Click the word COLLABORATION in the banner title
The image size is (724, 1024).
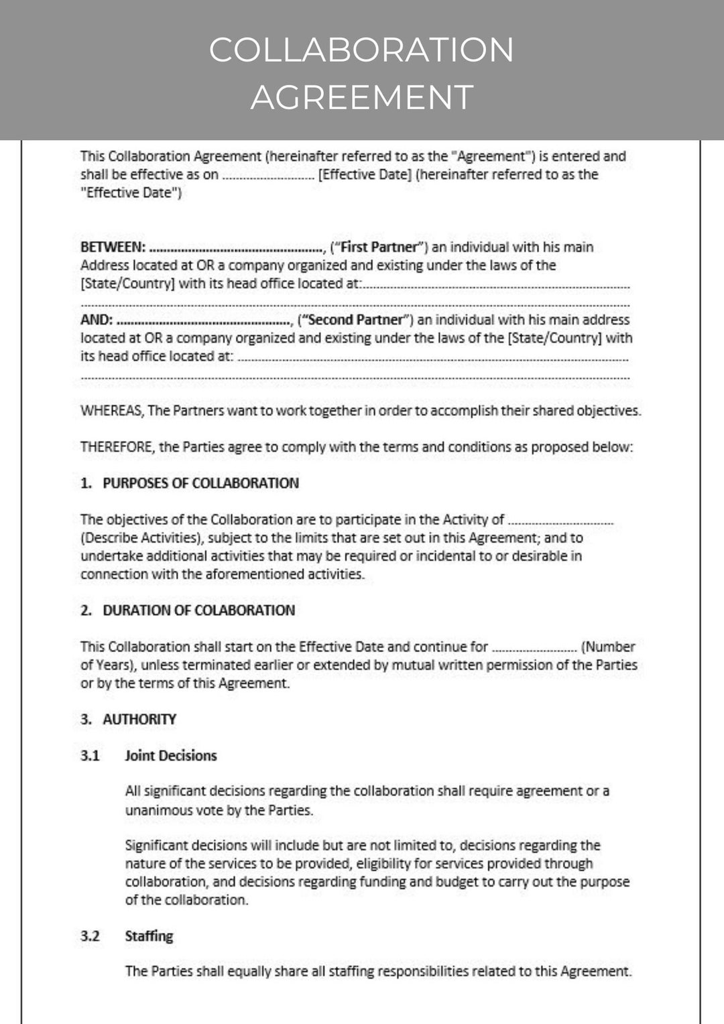click(x=361, y=50)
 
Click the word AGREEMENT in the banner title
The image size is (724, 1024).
click(x=362, y=97)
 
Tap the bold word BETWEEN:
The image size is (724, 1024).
click(x=113, y=247)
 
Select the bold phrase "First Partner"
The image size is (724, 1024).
click(x=379, y=247)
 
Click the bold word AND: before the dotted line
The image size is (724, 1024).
click(x=97, y=320)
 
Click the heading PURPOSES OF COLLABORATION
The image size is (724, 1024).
click(x=200, y=483)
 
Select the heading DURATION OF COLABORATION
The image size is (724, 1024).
click(x=198, y=611)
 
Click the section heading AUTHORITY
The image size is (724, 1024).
click(x=139, y=720)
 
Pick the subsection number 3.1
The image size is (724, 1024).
click(x=90, y=756)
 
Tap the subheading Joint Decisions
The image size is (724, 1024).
click(x=170, y=756)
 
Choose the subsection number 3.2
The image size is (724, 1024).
click(x=90, y=936)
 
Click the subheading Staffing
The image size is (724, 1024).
click(x=149, y=936)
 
